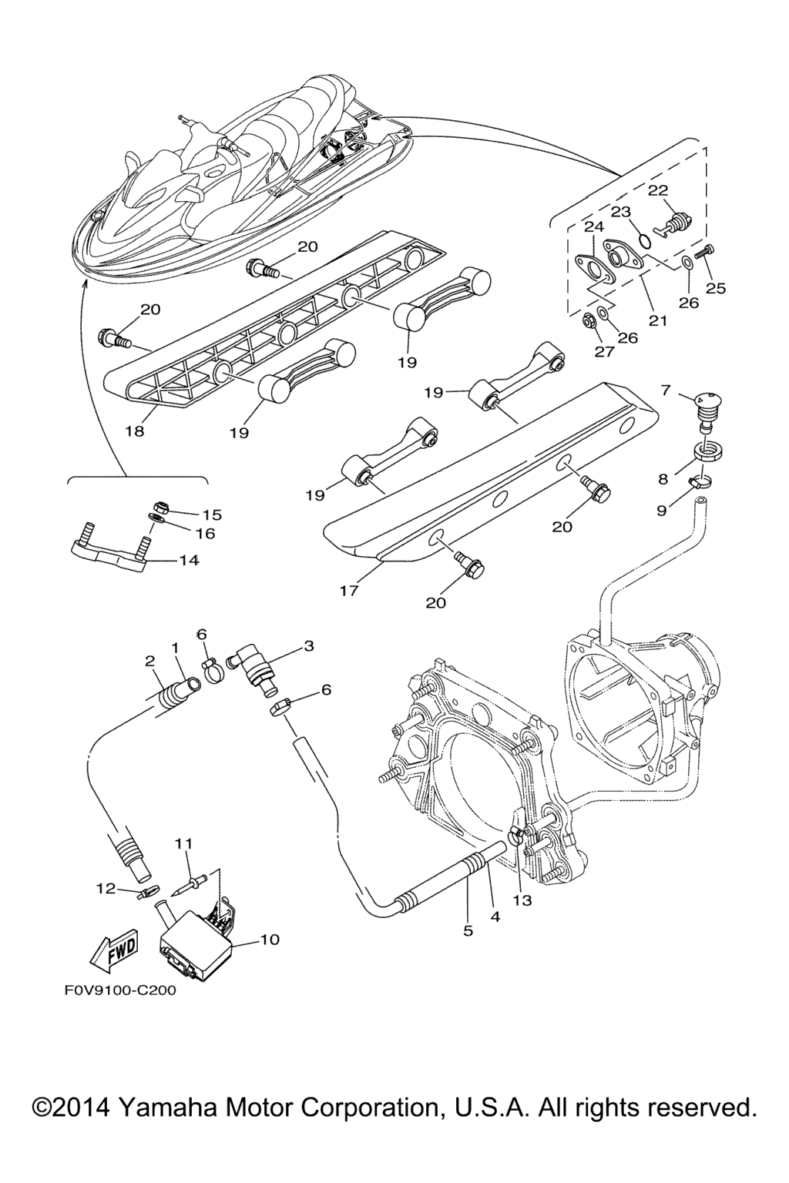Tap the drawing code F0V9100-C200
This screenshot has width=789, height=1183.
pos(120,990)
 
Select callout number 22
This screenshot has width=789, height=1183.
pos(658,191)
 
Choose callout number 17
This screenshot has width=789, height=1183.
pos(349,591)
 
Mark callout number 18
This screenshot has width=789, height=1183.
pos(135,431)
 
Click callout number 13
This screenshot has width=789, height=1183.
pos(522,900)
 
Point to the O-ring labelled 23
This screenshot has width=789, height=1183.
pos(644,241)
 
